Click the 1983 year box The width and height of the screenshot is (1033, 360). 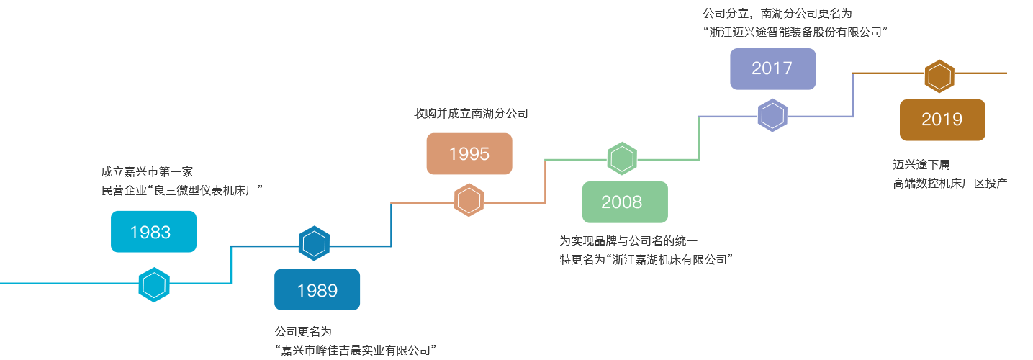click(x=153, y=231)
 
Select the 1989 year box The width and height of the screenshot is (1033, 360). click(x=317, y=289)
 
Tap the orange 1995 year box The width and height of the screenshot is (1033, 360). click(x=469, y=153)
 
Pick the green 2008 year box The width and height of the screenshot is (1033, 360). click(x=624, y=202)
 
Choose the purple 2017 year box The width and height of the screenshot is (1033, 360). click(x=772, y=68)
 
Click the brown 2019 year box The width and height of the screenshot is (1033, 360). click(x=942, y=120)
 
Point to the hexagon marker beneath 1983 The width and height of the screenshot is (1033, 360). click(x=154, y=284)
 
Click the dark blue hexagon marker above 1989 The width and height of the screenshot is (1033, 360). click(x=314, y=243)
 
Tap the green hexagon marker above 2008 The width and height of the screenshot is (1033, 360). click(x=622, y=158)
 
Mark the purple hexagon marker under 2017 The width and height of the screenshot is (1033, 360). click(x=773, y=115)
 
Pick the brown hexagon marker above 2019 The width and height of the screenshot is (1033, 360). click(x=940, y=76)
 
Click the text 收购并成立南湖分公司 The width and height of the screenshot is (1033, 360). click(x=471, y=113)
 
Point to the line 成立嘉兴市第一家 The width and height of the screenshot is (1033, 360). click(x=148, y=172)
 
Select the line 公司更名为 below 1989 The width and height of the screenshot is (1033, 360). click(x=303, y=332)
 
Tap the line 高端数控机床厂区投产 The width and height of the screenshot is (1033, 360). click(x=949, y=183)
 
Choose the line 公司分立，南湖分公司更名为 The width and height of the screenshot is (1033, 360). click(x=777, y=13)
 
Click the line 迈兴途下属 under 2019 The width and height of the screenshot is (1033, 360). click(x=921, y=166)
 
